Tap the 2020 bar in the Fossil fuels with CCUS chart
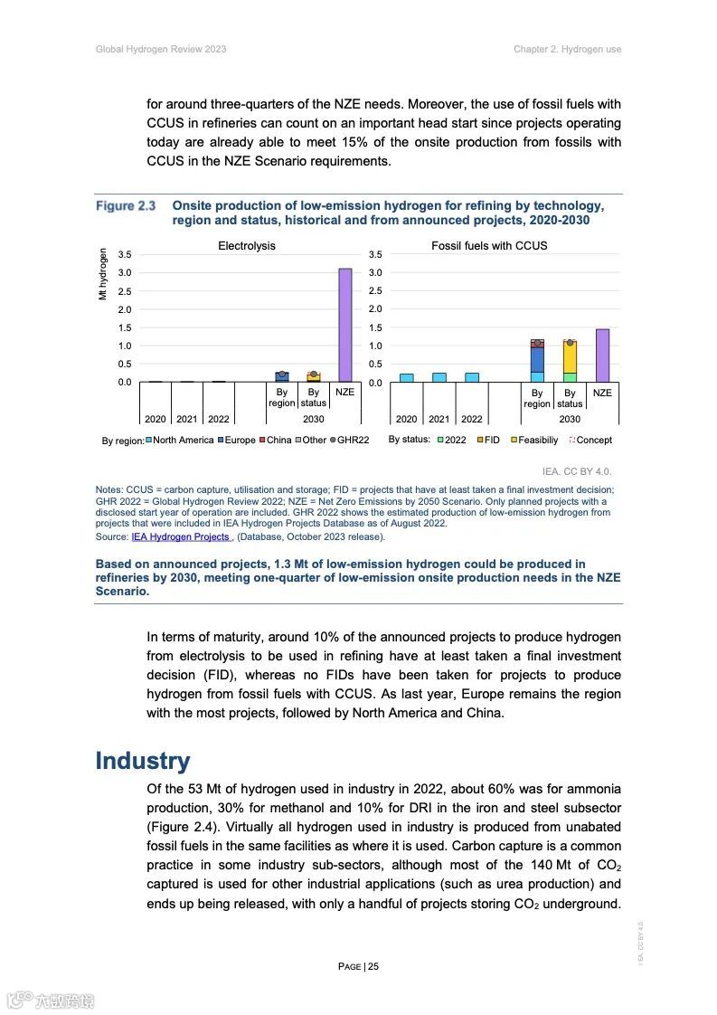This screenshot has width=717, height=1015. [x=407, y=377]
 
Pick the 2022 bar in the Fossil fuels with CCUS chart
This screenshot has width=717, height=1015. [x=472, y=377]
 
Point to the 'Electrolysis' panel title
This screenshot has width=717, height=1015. [x=246, y=246]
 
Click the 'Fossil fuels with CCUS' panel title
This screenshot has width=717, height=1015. [x=489, y=246]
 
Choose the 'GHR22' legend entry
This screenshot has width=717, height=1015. [x=349, y=441]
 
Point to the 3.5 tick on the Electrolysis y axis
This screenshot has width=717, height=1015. [x=125, y=255]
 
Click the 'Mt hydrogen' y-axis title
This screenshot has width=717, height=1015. [x=104, y=274]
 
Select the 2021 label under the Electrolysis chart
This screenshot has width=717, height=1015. [x=186, y=420]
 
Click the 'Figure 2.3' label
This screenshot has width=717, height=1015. [x=126, y=207]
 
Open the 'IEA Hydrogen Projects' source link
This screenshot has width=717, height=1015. [x=180, y=536]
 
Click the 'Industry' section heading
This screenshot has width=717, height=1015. [x=143, y=761]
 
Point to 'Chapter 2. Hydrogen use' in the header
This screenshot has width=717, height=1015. [x=567, y=49]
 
